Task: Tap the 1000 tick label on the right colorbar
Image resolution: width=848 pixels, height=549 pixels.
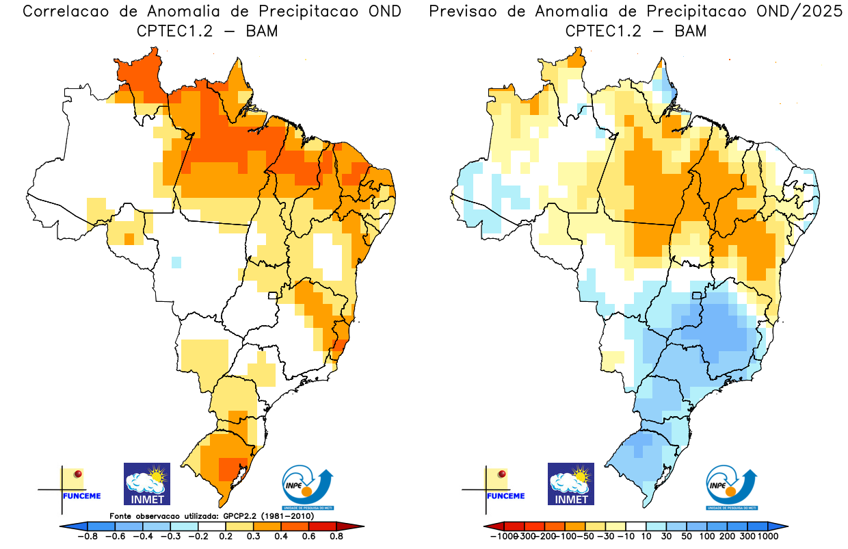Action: point(767,536)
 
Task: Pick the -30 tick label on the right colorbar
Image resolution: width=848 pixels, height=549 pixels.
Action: point(607,536)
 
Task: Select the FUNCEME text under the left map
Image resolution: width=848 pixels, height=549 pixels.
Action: point(82,496)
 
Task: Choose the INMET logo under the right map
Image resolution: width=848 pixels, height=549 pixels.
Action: point(571,483)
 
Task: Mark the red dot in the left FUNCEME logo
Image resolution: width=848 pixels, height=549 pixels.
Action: point(78,474)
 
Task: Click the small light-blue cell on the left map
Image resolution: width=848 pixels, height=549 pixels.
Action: point(176,261)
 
